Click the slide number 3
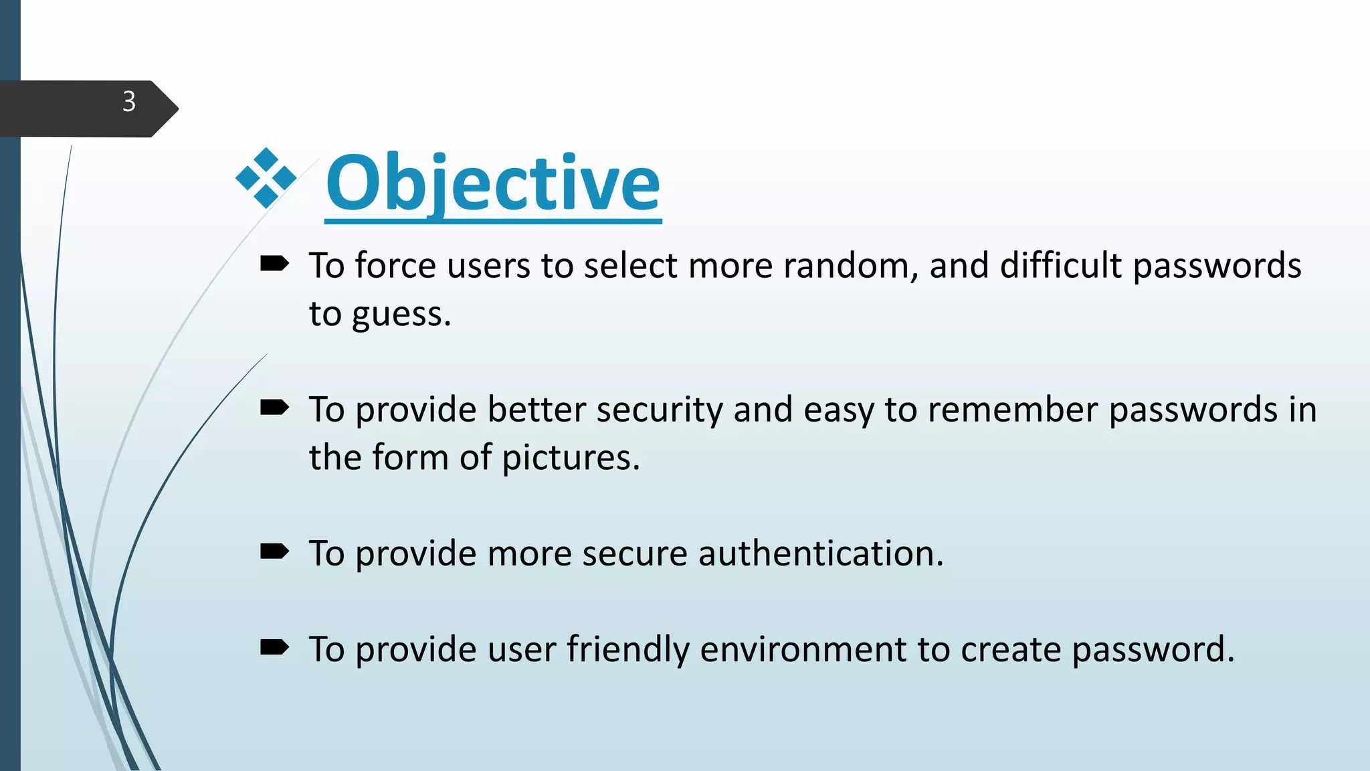pyautogui.click(x=129, y=102)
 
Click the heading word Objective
pyautogui.click(x=493, y=183)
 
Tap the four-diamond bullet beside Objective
pyautogui.click(x=266, y=178)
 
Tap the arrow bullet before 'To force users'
pyautogui.click(x=274, y=264)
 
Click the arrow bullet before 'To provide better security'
pyautogui.click(x=274, y=408)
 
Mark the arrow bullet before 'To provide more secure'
pyautogui.click(x=274, y=551)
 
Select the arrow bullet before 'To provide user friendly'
pyautogui.click(x=274, y=647)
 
